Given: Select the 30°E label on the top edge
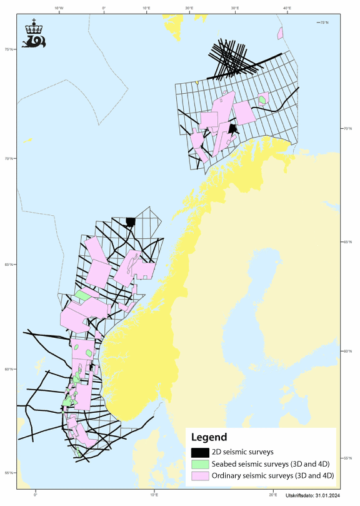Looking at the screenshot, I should [236, 8].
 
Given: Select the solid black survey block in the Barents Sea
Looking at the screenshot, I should [232, 129].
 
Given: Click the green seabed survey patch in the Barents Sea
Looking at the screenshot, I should [263, 98].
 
